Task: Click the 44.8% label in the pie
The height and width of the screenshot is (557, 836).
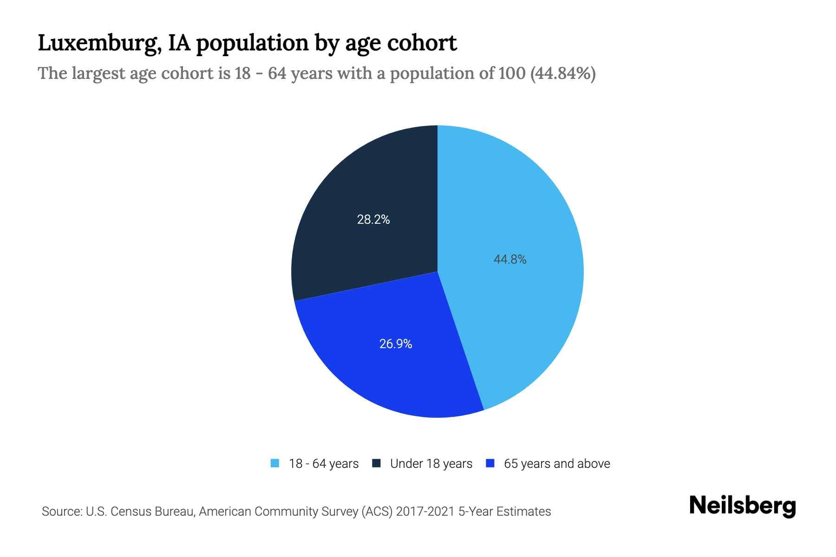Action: tap(510, 259)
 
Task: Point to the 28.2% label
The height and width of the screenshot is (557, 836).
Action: tap(373, 220)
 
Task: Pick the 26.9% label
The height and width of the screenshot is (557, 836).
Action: tap(396, 344)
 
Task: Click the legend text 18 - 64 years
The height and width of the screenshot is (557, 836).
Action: tap(324, 464)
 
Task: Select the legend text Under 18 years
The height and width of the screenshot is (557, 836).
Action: tap(431, 464)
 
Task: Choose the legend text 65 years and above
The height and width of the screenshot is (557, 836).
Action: tap(557, 464)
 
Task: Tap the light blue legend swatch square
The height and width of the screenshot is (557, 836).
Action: tap(275, 463)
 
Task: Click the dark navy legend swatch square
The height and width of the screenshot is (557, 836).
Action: tap(376, 463)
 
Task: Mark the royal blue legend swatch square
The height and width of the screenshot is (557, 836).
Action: tap(490, 463)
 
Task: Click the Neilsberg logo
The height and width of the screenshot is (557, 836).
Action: tap(742, 506)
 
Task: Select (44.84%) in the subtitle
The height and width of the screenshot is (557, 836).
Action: tap(563, 73)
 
